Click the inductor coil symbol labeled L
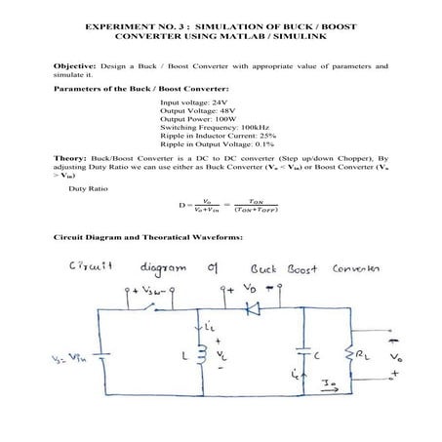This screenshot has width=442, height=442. [202, 353]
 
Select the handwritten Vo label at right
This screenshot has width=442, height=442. [395, 355]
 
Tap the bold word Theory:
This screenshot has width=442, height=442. [70, 156]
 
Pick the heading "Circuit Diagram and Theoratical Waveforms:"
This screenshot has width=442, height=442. [147, 238]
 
